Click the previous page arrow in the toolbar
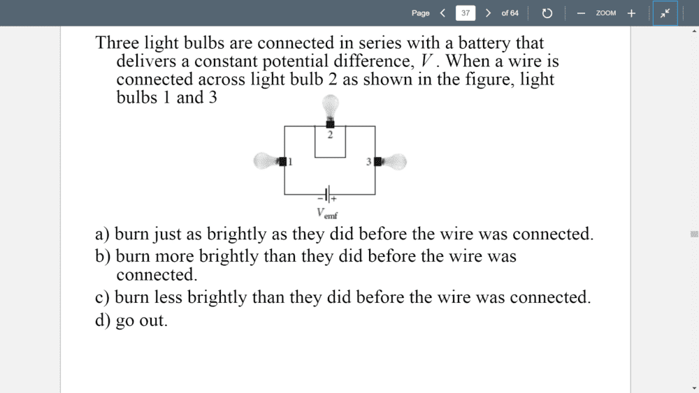pyautogui.click(x=442, y=13)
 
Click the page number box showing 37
pyautogui.click(x=465, y=13)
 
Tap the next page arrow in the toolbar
pyautogui.click(x=488, y=13)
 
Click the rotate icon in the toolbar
pyautogui.click(x=547, y=13)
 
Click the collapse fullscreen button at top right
pyautogui.click(x=665, y=13)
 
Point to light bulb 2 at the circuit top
pyautogui.click(x=330, y=108)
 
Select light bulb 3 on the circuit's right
pyautogui.click(x=393, y=162)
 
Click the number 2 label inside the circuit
pyautogui.click(x=330, y=135)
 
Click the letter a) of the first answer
pyautogui.click(x=102, y=234)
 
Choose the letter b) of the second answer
pyautogui.click(x=103, y=256)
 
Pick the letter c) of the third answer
pyautogui.click(x=102, y=297)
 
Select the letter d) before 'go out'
pyautogui.click(x=103, y=320)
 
